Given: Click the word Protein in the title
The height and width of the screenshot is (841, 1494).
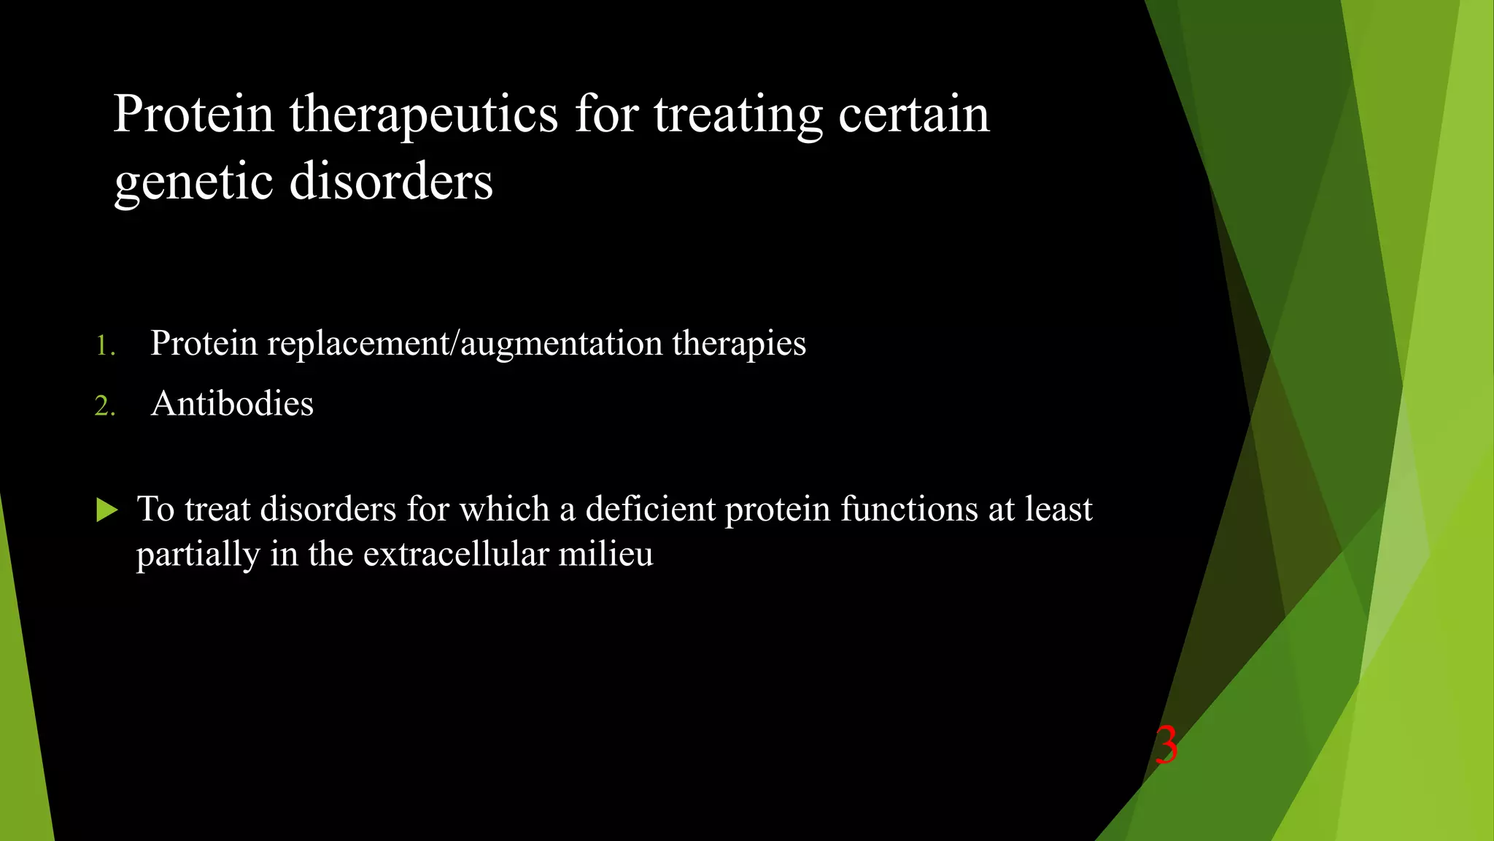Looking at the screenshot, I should point(193,115).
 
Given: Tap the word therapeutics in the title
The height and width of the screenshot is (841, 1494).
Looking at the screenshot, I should point(423,115).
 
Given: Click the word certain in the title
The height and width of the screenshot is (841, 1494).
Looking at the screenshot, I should point(913,115).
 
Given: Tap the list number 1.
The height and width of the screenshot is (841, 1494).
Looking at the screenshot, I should point(104,345).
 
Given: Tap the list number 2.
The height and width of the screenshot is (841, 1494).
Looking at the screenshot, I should point(104,406).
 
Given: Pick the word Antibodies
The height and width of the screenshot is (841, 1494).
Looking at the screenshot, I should point(232,404).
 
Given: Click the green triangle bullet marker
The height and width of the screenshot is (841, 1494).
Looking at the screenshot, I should point(107,510).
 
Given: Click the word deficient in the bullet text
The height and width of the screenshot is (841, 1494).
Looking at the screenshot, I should point(650,509).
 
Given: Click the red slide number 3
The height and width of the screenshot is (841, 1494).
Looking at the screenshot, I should point(1166,745).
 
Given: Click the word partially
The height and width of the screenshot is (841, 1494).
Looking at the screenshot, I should point(198,556).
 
